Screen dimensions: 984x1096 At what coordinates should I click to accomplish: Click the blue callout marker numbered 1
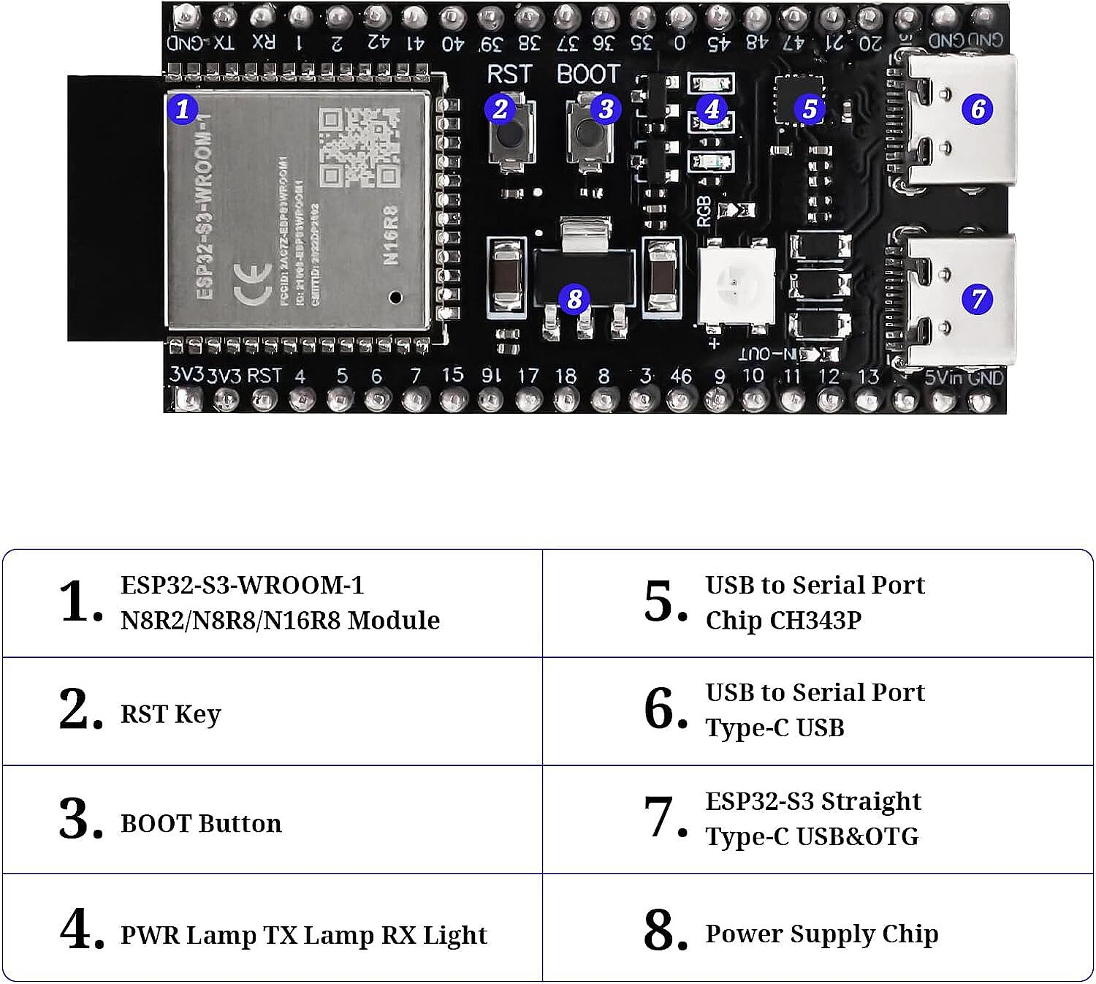[x=183, y=109]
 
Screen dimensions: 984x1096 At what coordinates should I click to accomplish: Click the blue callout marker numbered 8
[x=574, y=298]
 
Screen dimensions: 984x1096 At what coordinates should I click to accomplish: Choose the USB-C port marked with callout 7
[x=957, y=300]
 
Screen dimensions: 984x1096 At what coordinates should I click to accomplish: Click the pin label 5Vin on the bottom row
[x=943, y=377]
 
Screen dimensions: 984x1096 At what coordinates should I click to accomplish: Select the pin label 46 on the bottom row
[x=681, y=376]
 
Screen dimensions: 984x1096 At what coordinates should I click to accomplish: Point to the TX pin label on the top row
[x=224, y=42]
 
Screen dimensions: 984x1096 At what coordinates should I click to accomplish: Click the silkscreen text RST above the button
[x=509, y=75]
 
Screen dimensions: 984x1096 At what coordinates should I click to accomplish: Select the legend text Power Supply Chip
[x=821, y=934]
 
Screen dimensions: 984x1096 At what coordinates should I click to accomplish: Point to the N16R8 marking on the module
[x=390, y=235]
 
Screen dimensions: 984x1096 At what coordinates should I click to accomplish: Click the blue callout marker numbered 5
[x=810, y=109]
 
